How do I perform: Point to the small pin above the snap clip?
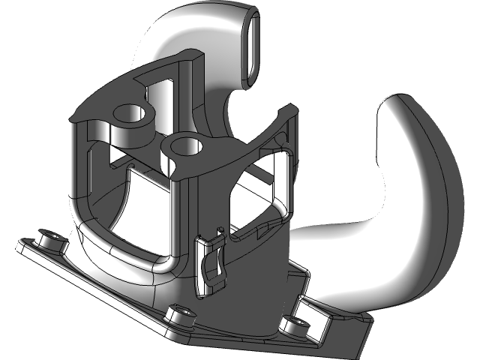click(220, 227)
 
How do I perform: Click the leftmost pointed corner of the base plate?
click(18, 244)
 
